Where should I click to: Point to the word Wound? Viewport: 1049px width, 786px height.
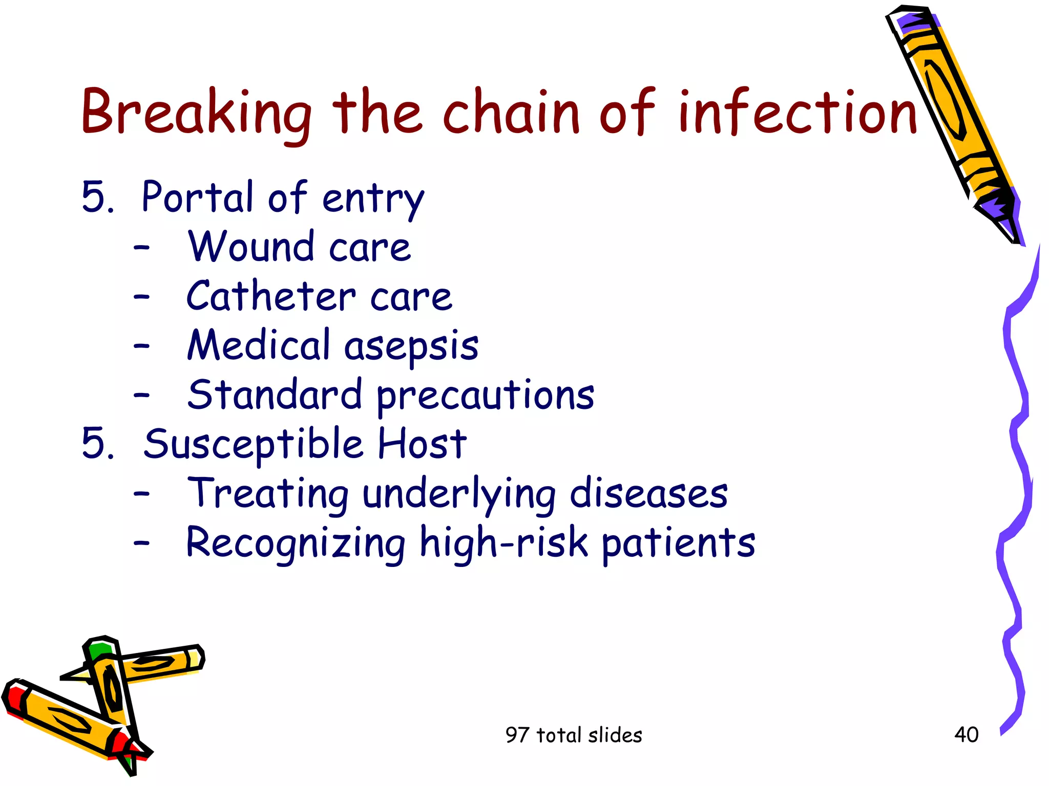pos(251,247)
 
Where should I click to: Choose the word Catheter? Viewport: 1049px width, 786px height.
pos(270,296)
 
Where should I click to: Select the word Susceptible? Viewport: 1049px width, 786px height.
pos(253,445)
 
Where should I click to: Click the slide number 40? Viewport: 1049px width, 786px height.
pos(966,735)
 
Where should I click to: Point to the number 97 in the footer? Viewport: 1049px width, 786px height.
pos(516,735)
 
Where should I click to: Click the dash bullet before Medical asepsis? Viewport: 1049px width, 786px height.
pos(141,346)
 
